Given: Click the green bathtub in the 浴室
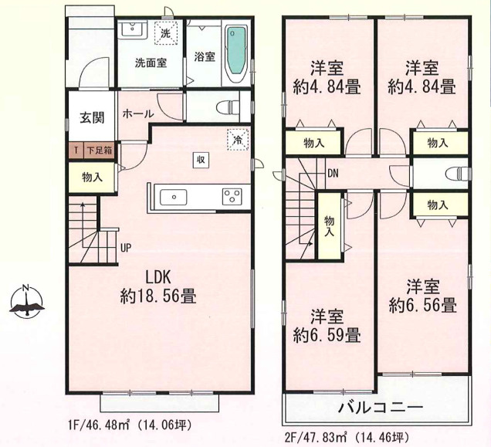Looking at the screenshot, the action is click(236, 56).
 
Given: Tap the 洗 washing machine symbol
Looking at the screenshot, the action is click(165, 33).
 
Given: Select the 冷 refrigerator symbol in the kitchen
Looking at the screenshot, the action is click(238, 140).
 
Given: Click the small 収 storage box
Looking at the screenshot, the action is click(201, 160).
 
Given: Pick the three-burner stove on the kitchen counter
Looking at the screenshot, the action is click(232, 196).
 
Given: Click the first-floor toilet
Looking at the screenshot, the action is click(228, 107).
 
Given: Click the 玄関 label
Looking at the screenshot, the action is click(92, 118).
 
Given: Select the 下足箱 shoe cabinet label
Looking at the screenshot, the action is click(100, 151).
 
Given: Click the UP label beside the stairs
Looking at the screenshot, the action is click(126, 248).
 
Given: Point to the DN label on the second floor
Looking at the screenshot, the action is click(333, 173).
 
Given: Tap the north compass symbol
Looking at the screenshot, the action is click(26, 301).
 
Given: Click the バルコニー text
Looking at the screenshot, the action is click(381, 407).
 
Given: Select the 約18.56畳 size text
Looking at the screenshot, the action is click(158, 296).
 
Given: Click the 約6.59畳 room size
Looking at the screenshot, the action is click(327, 335).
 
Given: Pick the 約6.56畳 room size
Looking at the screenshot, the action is click(423, 305).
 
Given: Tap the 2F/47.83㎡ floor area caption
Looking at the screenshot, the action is click(346, 436).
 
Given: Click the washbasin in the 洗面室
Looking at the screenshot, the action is click(133, 30).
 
